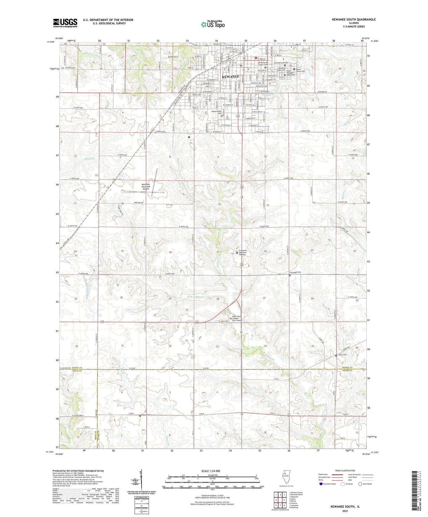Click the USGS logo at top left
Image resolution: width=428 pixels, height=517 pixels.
[65, 23]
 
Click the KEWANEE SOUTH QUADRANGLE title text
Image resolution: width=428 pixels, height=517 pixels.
[354, 20]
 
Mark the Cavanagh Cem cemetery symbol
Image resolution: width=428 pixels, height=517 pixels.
[290, 275]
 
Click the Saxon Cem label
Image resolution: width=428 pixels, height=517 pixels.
[342, 355]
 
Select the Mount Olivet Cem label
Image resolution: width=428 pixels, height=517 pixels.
[300, 70]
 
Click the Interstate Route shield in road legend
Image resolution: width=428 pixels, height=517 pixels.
[321, 484]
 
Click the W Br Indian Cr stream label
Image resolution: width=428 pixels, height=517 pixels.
[195, 296]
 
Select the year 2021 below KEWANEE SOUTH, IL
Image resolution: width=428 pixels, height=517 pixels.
[345, 511]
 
